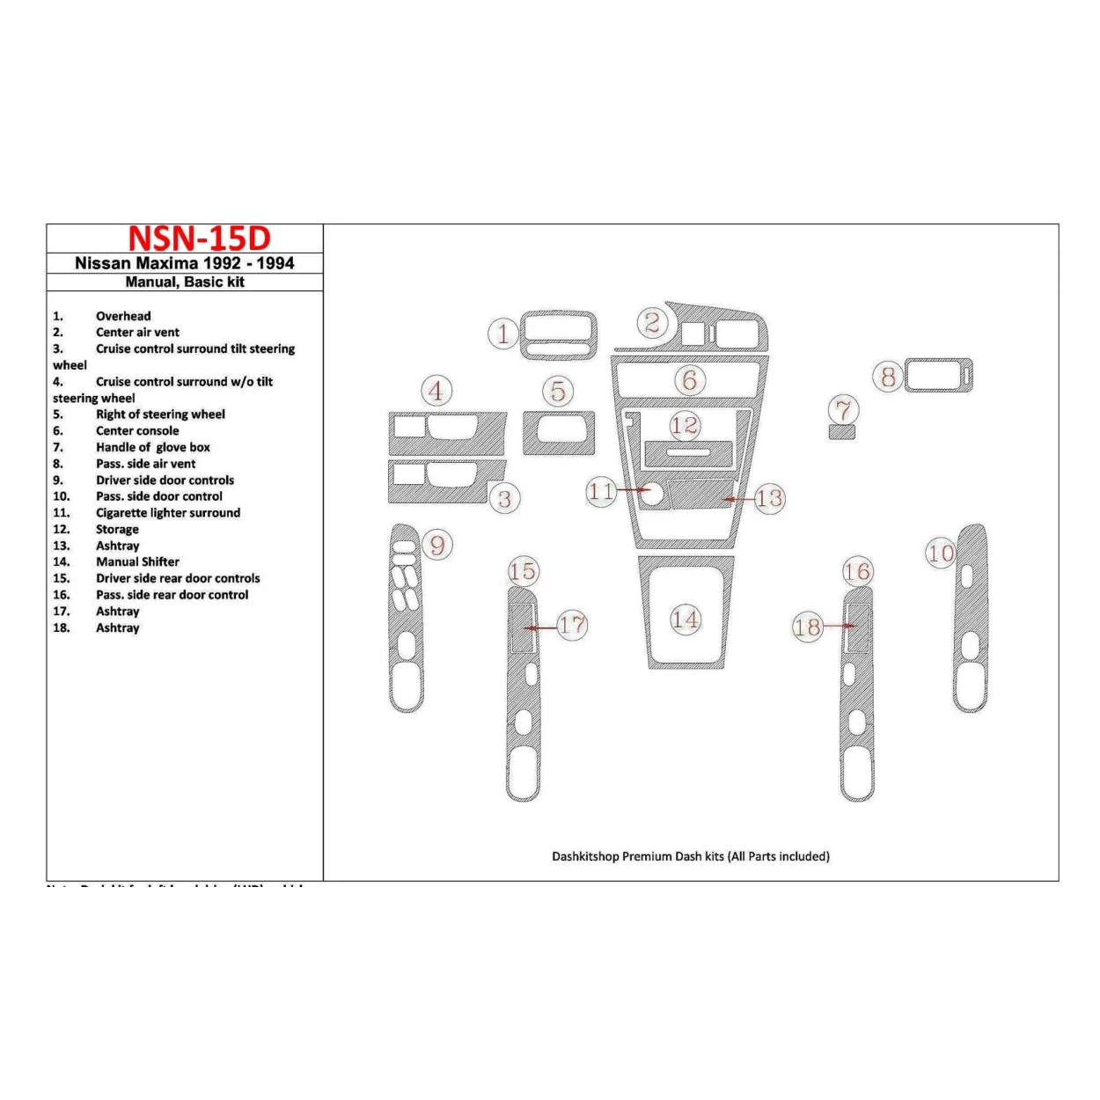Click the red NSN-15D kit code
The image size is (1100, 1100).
pyautogui.click(x=199, y=238)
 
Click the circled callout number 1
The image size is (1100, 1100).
pyautogui.click(x=503, y=334)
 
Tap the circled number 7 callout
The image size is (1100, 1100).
pyautogui.click(x=844, y=409)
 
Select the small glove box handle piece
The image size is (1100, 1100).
pyautogui.click(x=842, y=431)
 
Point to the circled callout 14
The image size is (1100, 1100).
pyautogui.click(x=686, y=620)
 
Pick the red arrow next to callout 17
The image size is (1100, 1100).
pyautogui.click(x=539, y=627)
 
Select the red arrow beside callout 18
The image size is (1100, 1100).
pyautogui.click(x=840, y=627)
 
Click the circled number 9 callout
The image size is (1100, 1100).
pyautogui.click(x=437, y=546)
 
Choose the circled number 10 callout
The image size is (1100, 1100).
pyautogui.click(x=941, y=554)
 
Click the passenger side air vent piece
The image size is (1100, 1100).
pyautogui.click(x=939, y=376)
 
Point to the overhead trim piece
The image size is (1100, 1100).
pyautogui.click(x=558, y=335)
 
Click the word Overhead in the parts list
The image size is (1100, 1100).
pyautogui.click(x=123, y=316)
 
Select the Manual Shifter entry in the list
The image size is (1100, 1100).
pyautogui.click(x=137, y=561)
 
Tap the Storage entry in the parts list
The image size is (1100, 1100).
pyautogui.click(x=117, y=529)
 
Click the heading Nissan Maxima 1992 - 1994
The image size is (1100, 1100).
pyautogui.click(x=185, y=263)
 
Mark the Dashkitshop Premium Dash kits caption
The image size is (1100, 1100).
pyautogui.click(x=691, y=856)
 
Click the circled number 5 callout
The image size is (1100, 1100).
pyautogui.click(x=558, y=391)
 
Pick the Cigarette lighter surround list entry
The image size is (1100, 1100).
pyautogui.click(x=167, y=513)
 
